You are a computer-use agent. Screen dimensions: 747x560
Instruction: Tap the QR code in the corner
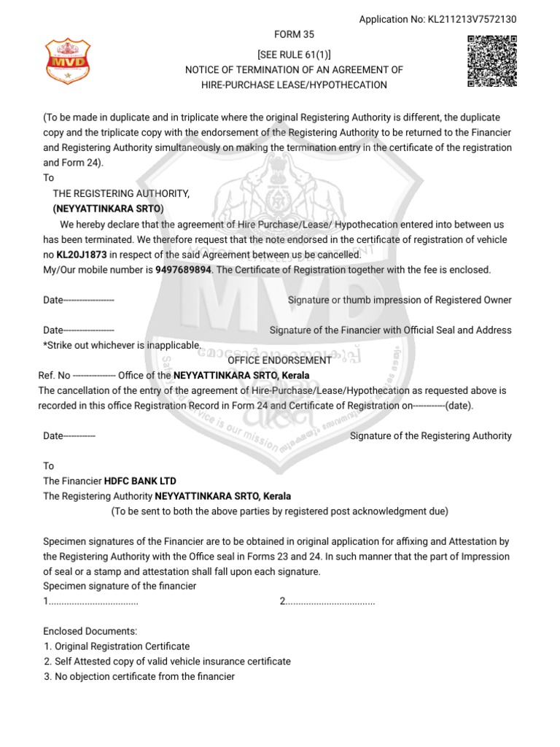click(x=491, y=61)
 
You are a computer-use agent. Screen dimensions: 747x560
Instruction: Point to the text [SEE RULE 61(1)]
click(x=294, y=55)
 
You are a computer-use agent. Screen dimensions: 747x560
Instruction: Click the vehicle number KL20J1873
click(x=82, y=255)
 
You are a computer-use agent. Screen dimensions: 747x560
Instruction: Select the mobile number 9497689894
click(x=183, y=270)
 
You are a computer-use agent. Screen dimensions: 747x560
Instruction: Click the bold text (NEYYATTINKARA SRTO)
click(x=108, y=209)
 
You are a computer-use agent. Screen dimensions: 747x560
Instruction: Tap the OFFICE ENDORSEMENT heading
click(x=279, y=360)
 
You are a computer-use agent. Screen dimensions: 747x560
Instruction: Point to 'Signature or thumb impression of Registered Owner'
click(x=400, y=301)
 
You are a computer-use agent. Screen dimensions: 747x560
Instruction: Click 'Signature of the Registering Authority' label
click(x=431, y=436)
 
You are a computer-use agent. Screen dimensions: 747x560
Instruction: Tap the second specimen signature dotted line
click(x=329, y=601)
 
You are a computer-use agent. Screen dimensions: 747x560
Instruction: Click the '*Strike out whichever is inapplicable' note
click(x=122, y=344)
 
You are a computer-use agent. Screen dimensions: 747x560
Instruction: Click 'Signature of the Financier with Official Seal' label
click(x=390, y=330)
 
